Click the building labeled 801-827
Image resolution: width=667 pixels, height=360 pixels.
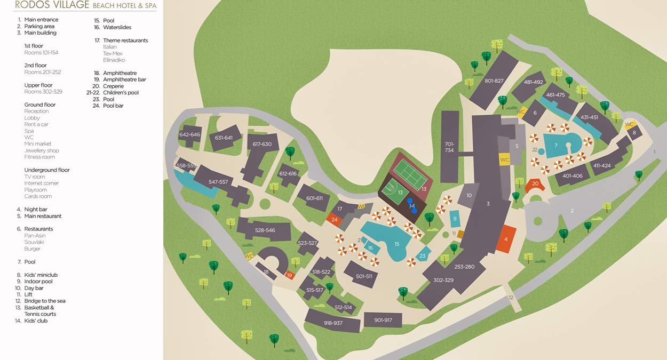(494, 81)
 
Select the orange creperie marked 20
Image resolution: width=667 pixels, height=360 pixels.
(535, 184)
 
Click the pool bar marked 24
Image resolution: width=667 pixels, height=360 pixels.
(334, 219)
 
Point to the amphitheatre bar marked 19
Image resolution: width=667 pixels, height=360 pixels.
(289, 275)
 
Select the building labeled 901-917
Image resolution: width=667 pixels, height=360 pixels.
(383, 320)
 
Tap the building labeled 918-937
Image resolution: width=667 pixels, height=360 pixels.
(332, 323)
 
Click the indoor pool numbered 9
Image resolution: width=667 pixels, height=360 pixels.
(455, 219)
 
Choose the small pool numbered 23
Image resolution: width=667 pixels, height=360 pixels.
(423, 255)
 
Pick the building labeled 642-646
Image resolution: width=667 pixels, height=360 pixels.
(190, 135)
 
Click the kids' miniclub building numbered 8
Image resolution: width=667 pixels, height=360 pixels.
(634, 132)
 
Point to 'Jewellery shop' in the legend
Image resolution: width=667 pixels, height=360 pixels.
(42, 150)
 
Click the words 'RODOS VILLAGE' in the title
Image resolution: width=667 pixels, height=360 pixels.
(44, 5)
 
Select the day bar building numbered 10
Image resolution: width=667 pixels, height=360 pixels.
(469, 196)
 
